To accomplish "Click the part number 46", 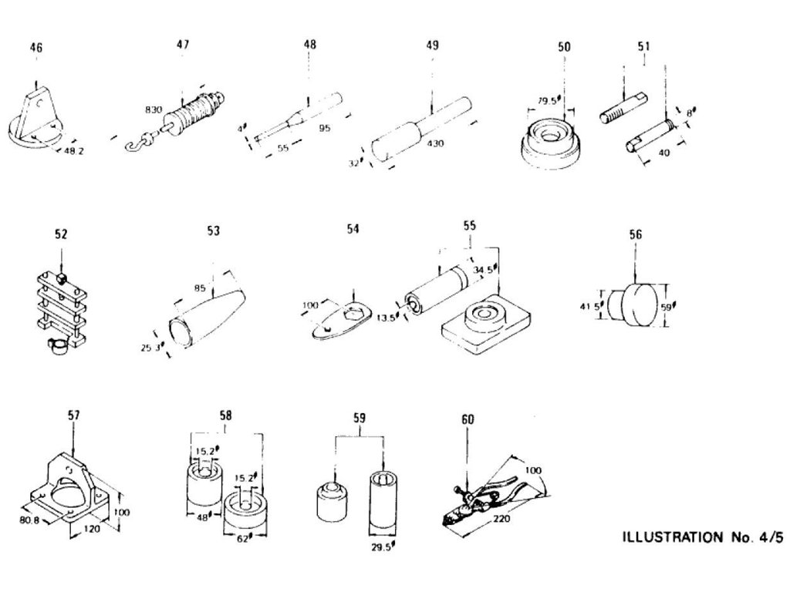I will tap(36, 48).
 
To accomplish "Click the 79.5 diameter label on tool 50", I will tap(549, 99).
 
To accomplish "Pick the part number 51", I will tap(643, 46).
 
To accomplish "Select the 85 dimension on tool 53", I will tap(201, 289).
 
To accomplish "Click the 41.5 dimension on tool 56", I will tap(590, 307).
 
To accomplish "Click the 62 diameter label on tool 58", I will tap(244, 539).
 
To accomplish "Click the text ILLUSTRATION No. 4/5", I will tap(701, 536).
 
